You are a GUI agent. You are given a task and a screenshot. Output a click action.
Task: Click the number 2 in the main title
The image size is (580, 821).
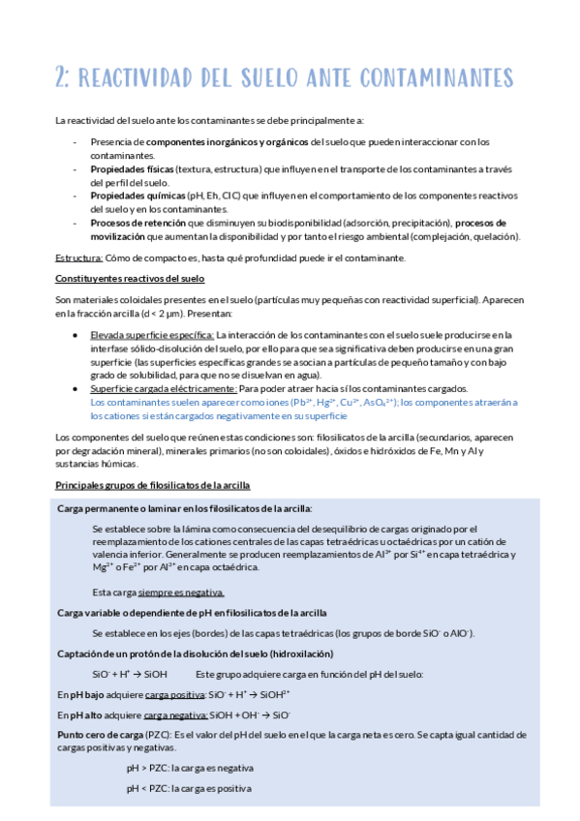(x=63, y=77)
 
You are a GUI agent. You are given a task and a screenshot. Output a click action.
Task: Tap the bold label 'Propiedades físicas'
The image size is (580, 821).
(x=126, y=168)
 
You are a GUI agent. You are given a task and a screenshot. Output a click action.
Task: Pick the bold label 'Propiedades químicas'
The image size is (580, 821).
(x=131, y=196)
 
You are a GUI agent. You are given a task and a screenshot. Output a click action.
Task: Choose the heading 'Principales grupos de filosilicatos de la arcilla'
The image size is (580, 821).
(x=152, y=484)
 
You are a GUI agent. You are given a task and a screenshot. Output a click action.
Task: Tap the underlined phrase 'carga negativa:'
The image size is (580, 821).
(x=175, y=715)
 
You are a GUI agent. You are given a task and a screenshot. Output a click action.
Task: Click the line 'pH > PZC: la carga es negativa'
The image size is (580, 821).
(x=190, y=768)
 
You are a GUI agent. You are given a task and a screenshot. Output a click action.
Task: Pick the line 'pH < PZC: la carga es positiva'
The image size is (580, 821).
(x=188, y=789)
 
